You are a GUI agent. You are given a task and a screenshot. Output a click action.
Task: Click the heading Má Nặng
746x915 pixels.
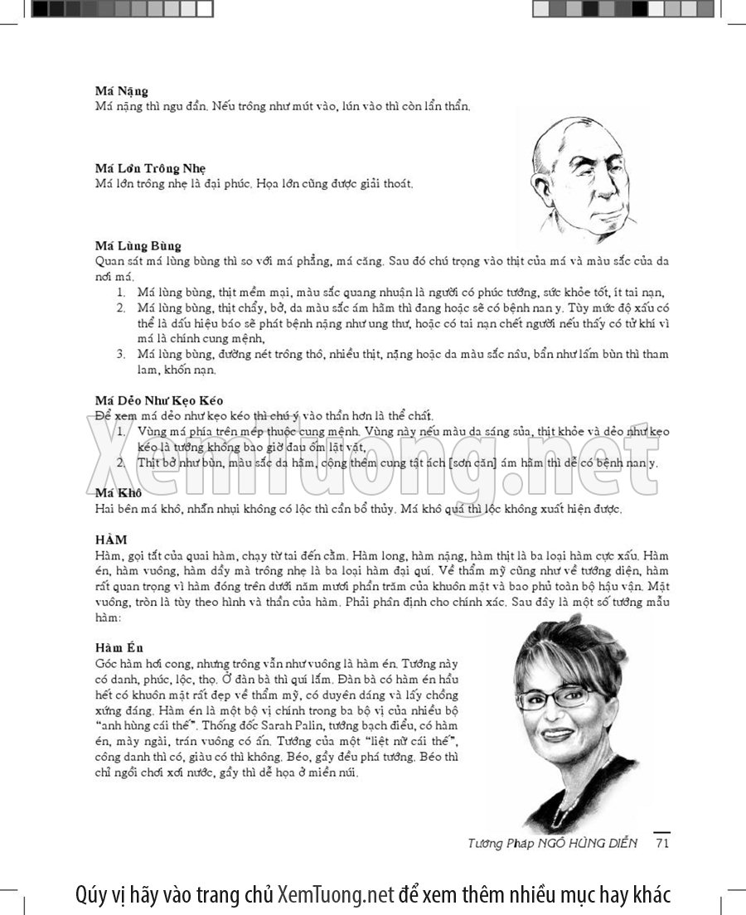[x=121, y=91]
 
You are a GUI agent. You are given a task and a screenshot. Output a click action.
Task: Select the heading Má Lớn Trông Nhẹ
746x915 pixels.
[x=150, y=168]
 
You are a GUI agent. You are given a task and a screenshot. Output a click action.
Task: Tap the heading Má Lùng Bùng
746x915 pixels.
[x=138, y=245]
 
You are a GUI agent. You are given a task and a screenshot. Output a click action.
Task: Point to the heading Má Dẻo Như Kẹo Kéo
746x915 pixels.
[x=159, y=400]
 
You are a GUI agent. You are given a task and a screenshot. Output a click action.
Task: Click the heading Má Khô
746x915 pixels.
[x=118, y=493]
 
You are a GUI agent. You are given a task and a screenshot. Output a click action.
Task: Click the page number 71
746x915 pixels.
[x=661, y=843]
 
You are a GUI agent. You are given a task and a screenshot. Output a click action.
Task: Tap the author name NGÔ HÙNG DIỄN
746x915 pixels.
[x=590, y=844]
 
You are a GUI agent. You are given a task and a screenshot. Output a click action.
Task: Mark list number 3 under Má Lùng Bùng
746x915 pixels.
[x=120, y=354]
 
